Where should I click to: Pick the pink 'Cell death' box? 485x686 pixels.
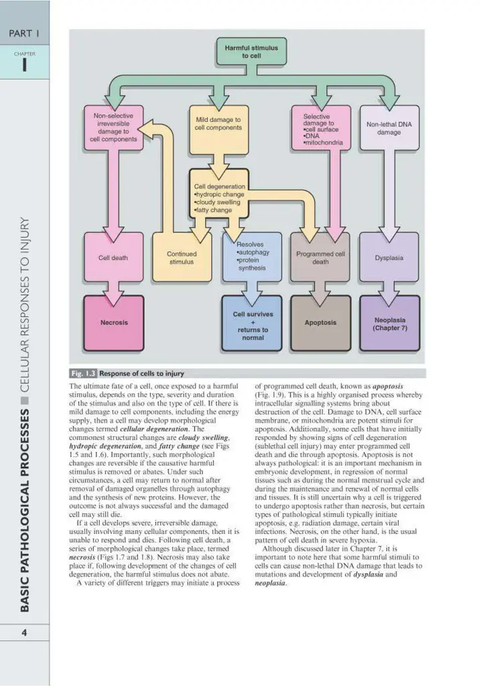click(x=113, y=257)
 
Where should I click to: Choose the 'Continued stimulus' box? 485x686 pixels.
click(x=181, y=257)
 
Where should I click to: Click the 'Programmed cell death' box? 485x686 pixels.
click(x=320, y=257)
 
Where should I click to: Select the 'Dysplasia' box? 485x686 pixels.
click(x=389, y=257)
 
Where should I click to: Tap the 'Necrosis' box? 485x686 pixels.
click(x=113, y=323)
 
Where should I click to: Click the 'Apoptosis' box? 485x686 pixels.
click(x=320, y=323)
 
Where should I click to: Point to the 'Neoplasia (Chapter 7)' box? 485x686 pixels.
click(x=389, y=324)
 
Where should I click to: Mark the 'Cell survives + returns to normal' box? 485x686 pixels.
click(x=252, y=325)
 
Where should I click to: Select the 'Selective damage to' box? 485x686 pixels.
click(x=320, y=128)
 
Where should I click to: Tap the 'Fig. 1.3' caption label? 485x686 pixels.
click(x=82, y=373)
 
